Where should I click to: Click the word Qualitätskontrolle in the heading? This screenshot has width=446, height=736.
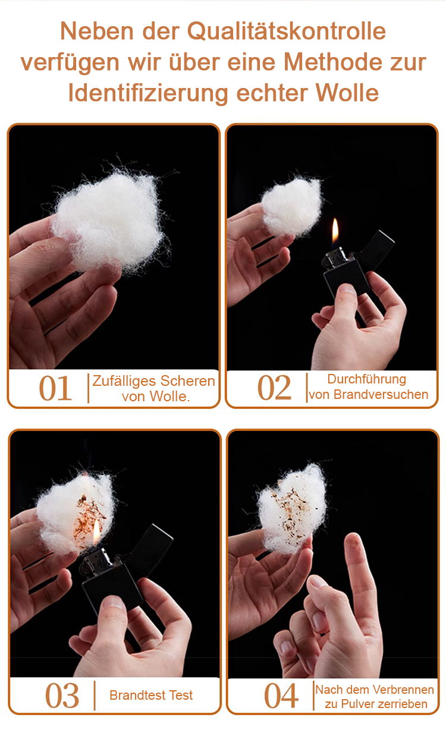pos(286,32)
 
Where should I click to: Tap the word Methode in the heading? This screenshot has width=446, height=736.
pos(332,62)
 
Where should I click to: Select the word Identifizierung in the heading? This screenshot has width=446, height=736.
pos(148,93)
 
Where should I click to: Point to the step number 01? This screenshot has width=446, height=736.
pos(55,388)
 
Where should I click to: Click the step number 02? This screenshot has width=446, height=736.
pos(274,388)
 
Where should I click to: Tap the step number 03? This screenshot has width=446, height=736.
pos(62,695)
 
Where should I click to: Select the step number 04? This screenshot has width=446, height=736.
pos(281,695)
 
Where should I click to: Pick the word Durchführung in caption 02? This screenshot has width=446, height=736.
pos(367,379)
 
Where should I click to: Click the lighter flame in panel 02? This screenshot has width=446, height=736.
pos(335,232)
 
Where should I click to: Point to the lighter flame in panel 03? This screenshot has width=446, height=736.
pos(96,532)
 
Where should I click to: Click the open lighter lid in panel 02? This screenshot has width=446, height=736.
pos(376,249)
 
